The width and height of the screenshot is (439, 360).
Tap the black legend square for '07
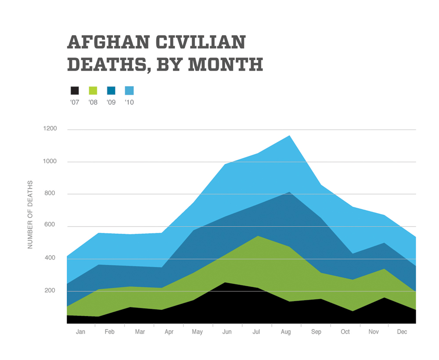[75, 91]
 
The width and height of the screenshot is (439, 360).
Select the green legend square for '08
[93, 91]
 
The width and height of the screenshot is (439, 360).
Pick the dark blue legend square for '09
[111, 91]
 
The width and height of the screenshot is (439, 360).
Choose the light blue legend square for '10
[129, 91]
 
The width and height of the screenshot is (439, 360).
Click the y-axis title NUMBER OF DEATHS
[30, 214]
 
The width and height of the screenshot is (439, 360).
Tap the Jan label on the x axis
[80, 332]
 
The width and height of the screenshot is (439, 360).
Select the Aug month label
[286, 332]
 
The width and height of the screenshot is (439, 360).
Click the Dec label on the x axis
[402, 332]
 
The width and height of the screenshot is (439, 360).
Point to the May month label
[197, 332]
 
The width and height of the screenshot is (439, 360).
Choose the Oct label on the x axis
[345, 332]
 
